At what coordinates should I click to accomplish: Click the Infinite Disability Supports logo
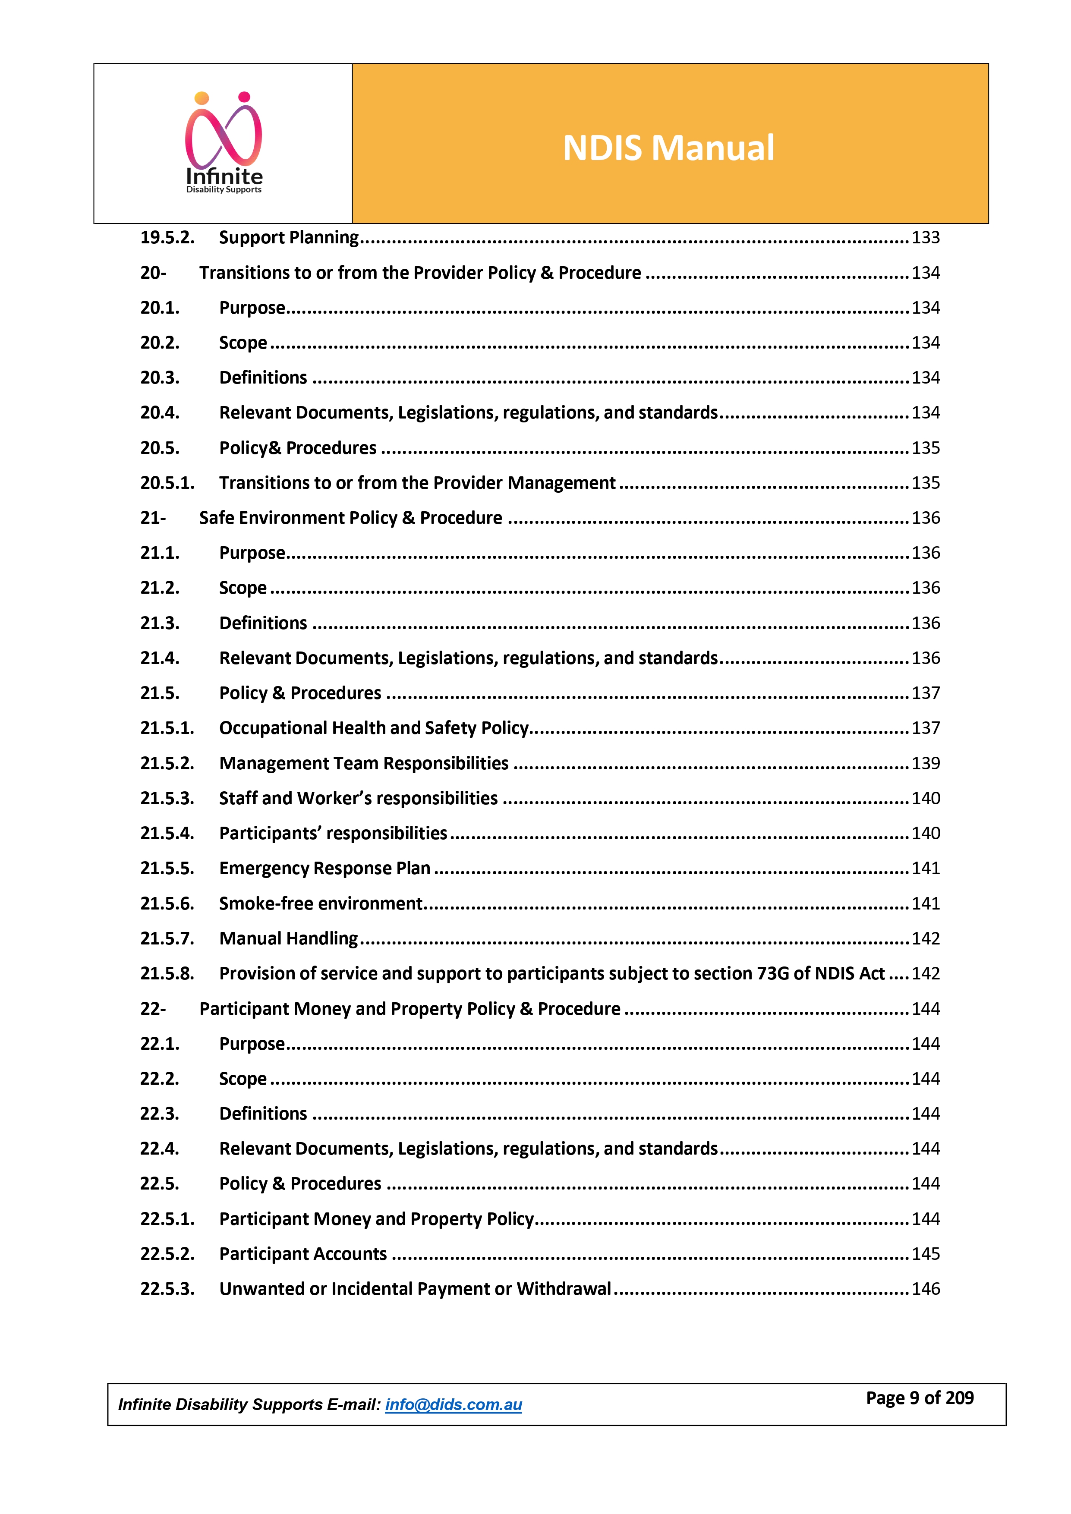[x=224, y=143]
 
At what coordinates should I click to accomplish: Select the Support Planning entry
[x=289, y=237]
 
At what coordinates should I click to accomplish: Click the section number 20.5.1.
[x=167, y=483]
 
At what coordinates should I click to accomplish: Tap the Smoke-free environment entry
[x=321, y=903]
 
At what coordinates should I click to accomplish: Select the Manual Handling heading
[x=288, y=938]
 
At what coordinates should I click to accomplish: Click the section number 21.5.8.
[x=167, y=973]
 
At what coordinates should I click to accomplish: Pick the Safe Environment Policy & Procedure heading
[x=350, y=518]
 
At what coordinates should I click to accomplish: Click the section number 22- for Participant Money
[x=153, y=1009]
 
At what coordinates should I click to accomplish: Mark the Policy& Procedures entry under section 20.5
[x=297, y=448]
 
